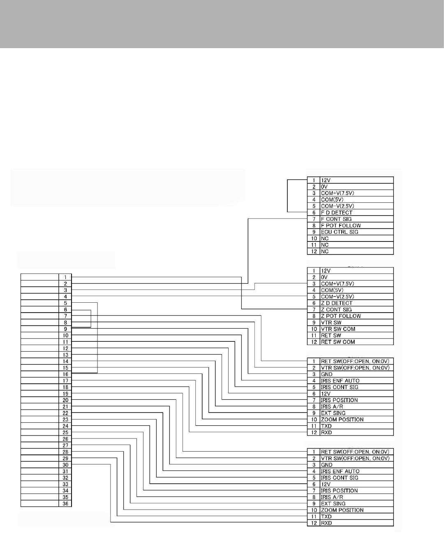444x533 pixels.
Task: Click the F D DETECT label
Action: point(336,213)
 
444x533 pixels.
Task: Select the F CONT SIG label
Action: point(336,219)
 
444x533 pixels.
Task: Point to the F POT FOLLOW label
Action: point(341,225)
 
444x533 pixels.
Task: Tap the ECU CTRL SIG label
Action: point(339,232)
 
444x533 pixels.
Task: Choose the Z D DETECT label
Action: point(336,303)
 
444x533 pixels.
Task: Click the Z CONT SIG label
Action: point(336,310)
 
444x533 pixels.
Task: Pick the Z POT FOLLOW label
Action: point(341,316)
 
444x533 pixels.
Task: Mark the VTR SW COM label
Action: point(338,329)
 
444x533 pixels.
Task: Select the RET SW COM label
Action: point(338,342)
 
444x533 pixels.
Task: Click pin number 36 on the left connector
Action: point(65,504)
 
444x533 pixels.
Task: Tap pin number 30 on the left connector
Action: point(65,465)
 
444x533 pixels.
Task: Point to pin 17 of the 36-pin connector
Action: point(65,381)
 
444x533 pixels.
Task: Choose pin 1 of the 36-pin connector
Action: point(65,277)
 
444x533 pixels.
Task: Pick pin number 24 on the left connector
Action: point(65,426)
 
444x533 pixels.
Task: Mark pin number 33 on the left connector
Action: point(65,484)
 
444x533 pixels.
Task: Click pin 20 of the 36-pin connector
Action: point(65,400)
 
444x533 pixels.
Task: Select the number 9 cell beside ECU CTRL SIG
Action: point(314,232)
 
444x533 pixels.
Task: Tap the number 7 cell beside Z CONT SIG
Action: point(314,310)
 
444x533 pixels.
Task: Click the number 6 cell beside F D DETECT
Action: point(314,213)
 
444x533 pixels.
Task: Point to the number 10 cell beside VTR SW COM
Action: point(314,329)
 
